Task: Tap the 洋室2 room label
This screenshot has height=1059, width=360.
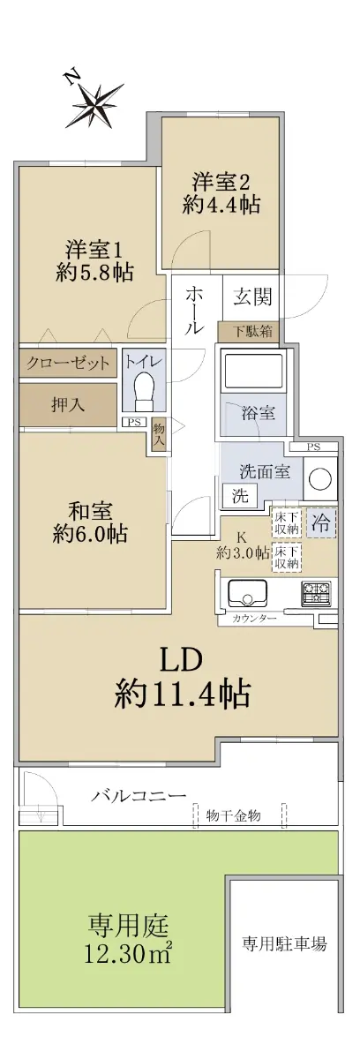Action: point(221,182)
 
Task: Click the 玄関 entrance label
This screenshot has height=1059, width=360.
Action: point(252,297)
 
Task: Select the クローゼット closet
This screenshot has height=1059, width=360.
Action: point(68,363)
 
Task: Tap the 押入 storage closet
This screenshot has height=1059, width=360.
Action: point(68,405)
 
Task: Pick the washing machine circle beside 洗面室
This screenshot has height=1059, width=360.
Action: point(319,478)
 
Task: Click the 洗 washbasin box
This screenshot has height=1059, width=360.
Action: point(240,495)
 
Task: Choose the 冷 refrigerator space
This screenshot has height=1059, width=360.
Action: point(321,522)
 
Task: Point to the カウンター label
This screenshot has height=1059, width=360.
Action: point(254,619)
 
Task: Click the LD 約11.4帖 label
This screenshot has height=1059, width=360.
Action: point(182,678)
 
